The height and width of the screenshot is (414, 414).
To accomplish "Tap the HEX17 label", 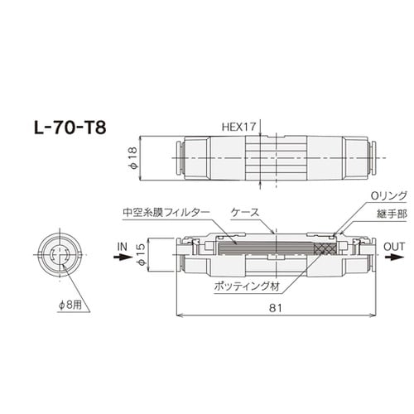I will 239,127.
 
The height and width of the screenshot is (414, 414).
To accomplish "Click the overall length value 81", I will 274,306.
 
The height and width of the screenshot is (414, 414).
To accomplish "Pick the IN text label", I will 123,246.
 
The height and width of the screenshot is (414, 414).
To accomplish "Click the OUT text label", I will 394,246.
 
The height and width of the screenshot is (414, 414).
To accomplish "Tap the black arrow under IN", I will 123,257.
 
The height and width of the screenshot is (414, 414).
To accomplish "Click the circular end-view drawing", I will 59,256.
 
